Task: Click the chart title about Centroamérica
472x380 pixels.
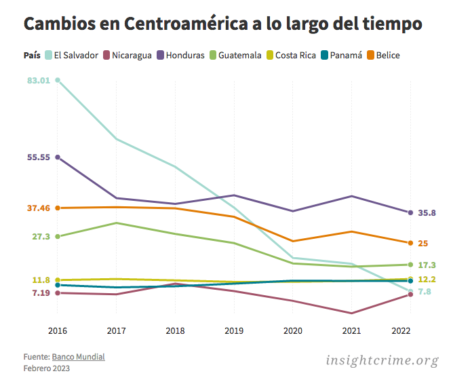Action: point(223,24)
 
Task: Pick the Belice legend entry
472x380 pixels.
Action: point(388,55)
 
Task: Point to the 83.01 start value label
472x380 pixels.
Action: point(39,81)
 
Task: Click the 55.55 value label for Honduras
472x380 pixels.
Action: point(39,157)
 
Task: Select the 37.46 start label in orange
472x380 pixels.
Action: point(39,208)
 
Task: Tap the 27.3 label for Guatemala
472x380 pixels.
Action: point(41,237)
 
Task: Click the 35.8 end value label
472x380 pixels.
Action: point(427,213)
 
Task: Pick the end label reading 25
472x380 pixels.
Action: point(422,244)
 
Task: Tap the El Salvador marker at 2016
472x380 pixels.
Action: point(58,80)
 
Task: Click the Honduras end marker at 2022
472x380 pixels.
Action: point(410,212)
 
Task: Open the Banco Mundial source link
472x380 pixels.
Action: point(79,357)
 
